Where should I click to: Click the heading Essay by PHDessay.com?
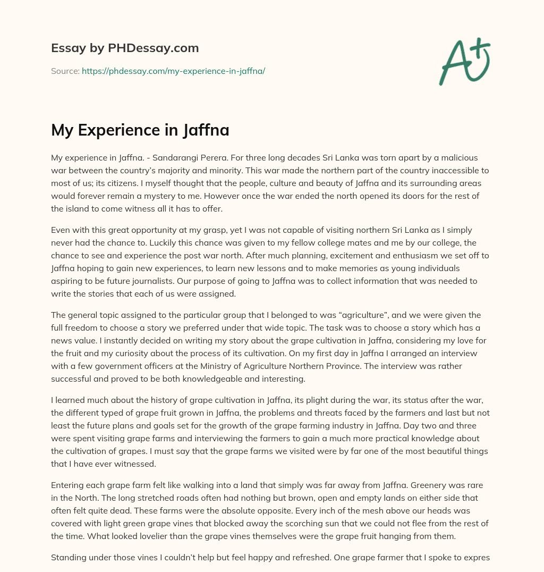125,48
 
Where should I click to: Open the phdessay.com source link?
173,71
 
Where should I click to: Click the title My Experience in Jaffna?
140,130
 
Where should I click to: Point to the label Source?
65,71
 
